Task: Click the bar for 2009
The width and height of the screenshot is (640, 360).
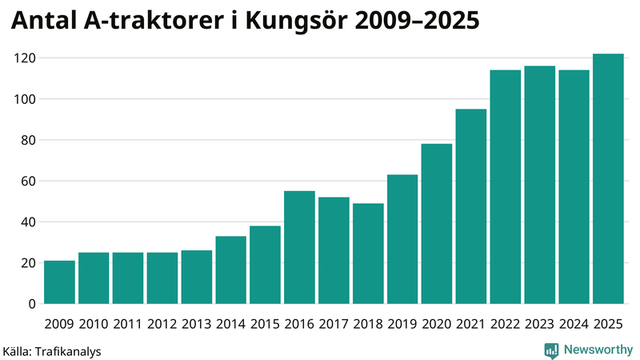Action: pyautogui.click(x=60, y=282)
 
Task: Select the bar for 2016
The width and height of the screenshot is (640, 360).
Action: pyautogui.click(x=299, y=247)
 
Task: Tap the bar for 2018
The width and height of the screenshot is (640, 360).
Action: pyautogui.click(x=368, y=254)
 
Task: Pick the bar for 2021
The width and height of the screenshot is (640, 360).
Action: pyautogui.click(x=471, y=206)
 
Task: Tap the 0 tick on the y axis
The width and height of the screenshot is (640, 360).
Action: pyautogui.click(x=31, y=304)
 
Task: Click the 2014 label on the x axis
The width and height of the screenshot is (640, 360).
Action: pyautogui.click(x=231, y=323)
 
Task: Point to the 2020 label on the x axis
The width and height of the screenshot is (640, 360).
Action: pyautogui.click(x=437, y=323)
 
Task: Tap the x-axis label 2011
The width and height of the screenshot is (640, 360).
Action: pyautogui.click(x=128, y=323)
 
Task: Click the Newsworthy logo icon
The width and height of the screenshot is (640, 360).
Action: pyautogui.click(x=551, y=350)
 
